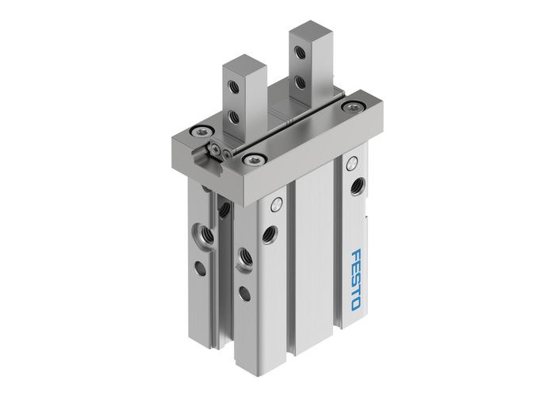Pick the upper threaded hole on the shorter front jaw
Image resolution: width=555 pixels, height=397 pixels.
coord(235,86)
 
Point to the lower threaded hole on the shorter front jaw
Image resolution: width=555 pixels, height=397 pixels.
coord(235,116)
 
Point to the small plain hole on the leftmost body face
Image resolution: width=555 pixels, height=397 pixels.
coord(201,268)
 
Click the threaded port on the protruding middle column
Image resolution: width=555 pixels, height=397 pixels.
coord(244,256)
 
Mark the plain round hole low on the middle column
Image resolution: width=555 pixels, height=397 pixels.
coord(243,293)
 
